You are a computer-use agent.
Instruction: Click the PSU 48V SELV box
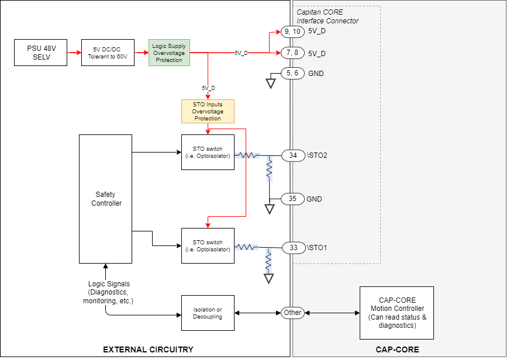40,52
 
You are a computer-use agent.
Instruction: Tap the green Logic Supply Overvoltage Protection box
169,53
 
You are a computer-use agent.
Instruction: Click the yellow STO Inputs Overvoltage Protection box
208,111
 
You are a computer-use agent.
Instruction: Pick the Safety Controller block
106,199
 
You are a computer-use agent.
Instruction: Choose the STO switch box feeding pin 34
208,152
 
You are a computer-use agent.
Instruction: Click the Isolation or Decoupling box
208,313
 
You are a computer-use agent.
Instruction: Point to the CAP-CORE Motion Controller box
397,313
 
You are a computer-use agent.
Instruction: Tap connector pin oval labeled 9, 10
292,31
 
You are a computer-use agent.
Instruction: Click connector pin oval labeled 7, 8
292,53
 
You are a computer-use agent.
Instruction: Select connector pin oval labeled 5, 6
292,74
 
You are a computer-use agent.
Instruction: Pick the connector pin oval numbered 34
293,155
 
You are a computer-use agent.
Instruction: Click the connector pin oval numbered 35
293,199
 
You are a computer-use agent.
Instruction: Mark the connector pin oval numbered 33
293,248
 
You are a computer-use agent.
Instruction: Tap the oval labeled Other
292,313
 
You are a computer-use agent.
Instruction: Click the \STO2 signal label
317,155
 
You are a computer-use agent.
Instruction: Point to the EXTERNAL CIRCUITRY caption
148,349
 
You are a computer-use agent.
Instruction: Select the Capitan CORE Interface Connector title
327,16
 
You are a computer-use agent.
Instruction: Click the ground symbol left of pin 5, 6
270,83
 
